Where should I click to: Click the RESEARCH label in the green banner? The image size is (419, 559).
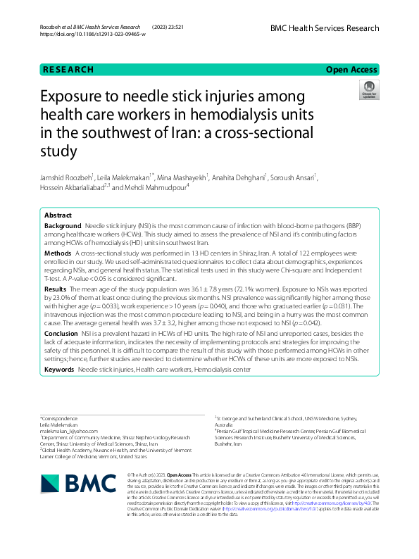pos(68,70)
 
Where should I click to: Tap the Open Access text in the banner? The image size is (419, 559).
pos(352,70)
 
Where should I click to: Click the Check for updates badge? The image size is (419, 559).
pos(368,91)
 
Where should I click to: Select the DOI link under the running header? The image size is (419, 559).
pos(93,34)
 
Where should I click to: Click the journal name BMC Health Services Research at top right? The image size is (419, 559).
pos(324,28)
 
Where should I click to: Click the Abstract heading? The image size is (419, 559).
pos(58,215)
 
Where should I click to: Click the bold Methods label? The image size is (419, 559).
pos(57,252)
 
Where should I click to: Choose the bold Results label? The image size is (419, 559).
pos(56,289)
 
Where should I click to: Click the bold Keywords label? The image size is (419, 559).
pos(60,370)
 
